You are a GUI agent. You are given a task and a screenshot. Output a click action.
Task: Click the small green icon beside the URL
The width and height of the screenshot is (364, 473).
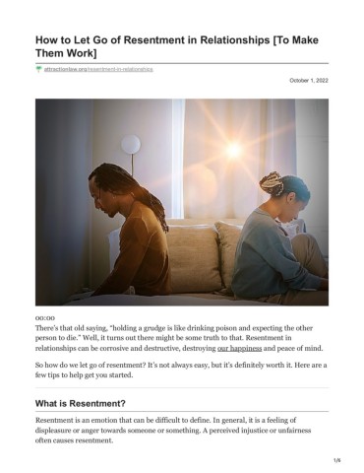38,70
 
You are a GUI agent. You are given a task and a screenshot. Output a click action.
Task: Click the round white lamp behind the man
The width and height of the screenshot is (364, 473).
131,146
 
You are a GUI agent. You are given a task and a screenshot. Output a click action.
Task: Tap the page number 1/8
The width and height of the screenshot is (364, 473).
335,459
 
